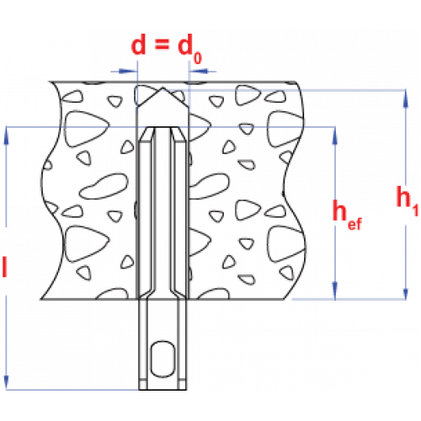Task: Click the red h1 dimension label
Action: [x=408, y=200]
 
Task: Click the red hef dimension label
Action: [x=347, y=215]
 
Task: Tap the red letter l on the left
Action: [x=4, y=266]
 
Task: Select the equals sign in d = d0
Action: [x=162, y=44]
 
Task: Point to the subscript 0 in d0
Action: [x=198, y=58]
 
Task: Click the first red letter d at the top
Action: [x=139, y=45]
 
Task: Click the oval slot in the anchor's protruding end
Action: [x=163, y=359]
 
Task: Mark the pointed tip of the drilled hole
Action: [x=163, y=88]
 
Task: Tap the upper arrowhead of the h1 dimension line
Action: [x=405, y=99]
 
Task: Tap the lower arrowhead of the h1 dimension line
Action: [x=405, y=290]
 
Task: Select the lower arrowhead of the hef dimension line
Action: [x=334, y=290]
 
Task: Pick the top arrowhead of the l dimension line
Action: [x=6, y=136]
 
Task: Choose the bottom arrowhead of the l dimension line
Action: [x=6, y=381]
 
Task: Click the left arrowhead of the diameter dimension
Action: [x=128, y=71]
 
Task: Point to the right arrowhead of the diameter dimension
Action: [x=199, y=71]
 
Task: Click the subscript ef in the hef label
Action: [x=354, y=224]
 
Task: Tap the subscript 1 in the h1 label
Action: [x=415, y=210]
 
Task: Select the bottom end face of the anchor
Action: [x=163, y=390]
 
